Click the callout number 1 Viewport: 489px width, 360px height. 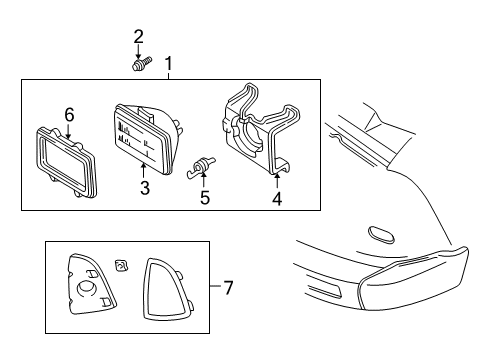pyautogui.click(x=168, y=66)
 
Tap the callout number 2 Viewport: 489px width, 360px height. pyautogui.click(x=138, y=37)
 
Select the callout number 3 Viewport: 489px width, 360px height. pyautogui.click(x=144, y=188)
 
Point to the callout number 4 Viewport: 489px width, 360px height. pyautogui.click(x=277, y=198)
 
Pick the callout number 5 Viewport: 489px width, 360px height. pyautogui.click(x=204, y=197)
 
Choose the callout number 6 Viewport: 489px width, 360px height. pyautogui.click(x=68, y=115)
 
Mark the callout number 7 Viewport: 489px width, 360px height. pyautogui.click(x=228, y=288)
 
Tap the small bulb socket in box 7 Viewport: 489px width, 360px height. pyautogui.click(x=121, y=265)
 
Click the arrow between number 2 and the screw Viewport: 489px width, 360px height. pyautogui.click(x=138, y=51)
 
